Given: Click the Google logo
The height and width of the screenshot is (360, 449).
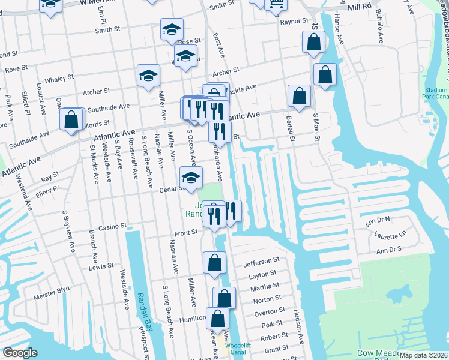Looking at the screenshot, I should coord(20,353).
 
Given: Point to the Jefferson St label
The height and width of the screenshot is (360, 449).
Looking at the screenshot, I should coord(262,262).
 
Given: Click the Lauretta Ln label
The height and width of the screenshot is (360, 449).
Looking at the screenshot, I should coord(394,233).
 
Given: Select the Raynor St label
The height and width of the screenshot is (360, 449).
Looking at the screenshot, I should coord(294,22).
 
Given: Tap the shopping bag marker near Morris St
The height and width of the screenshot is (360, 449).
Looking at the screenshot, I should coord(71,119).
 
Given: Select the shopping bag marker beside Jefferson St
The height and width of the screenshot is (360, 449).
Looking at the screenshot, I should coord(214,263).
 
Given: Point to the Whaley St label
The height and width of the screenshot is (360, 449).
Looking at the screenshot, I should coord(59,78).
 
